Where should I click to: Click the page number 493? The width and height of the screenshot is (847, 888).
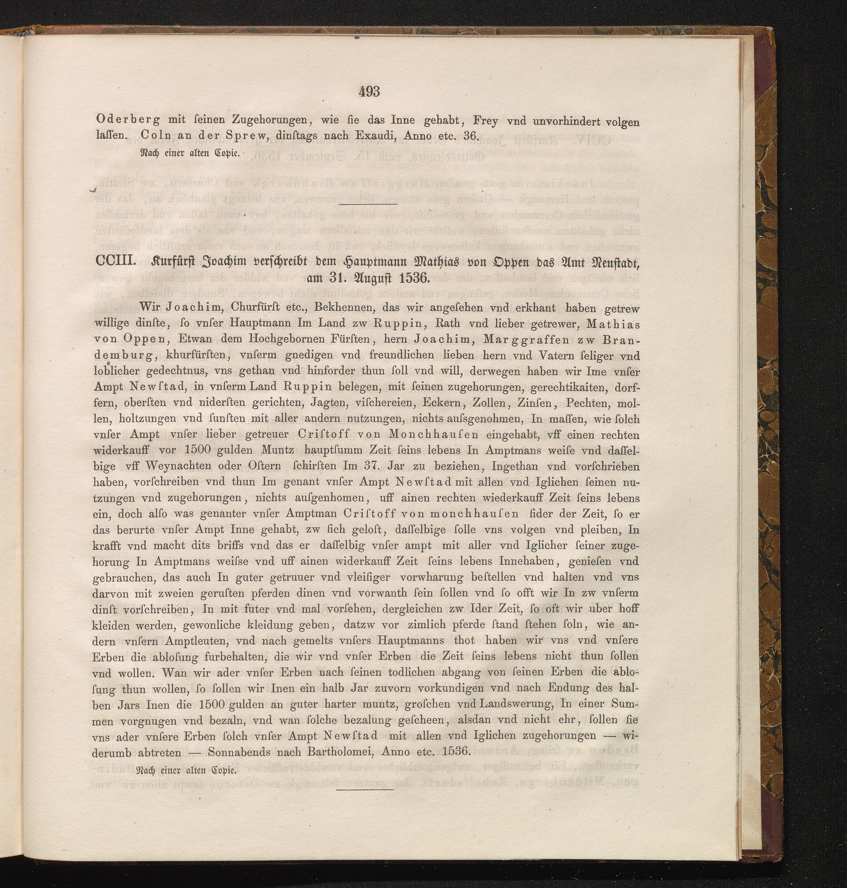coord(369,92)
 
